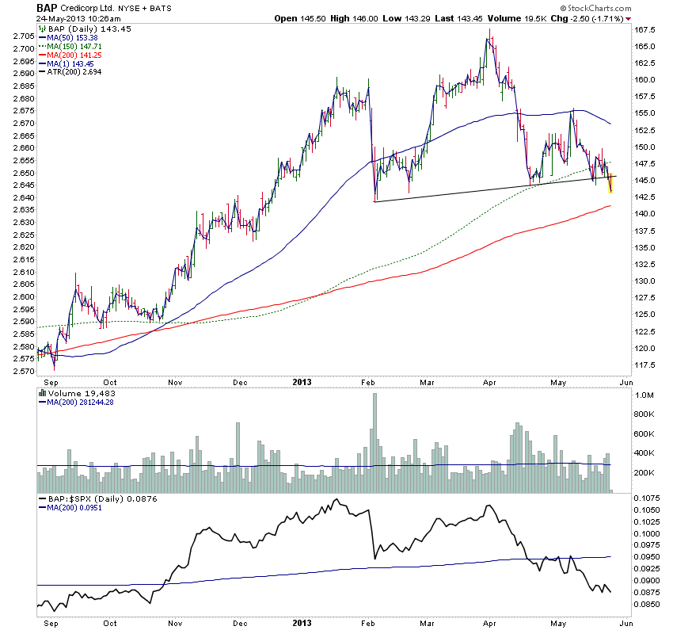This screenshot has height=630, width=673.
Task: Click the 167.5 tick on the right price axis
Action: pos(643,29)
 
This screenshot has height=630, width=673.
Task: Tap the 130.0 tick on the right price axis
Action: pos(643,281)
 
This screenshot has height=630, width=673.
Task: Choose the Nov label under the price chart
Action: pos(176,381)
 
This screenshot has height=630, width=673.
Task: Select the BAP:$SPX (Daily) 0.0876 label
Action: pos(89,498)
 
